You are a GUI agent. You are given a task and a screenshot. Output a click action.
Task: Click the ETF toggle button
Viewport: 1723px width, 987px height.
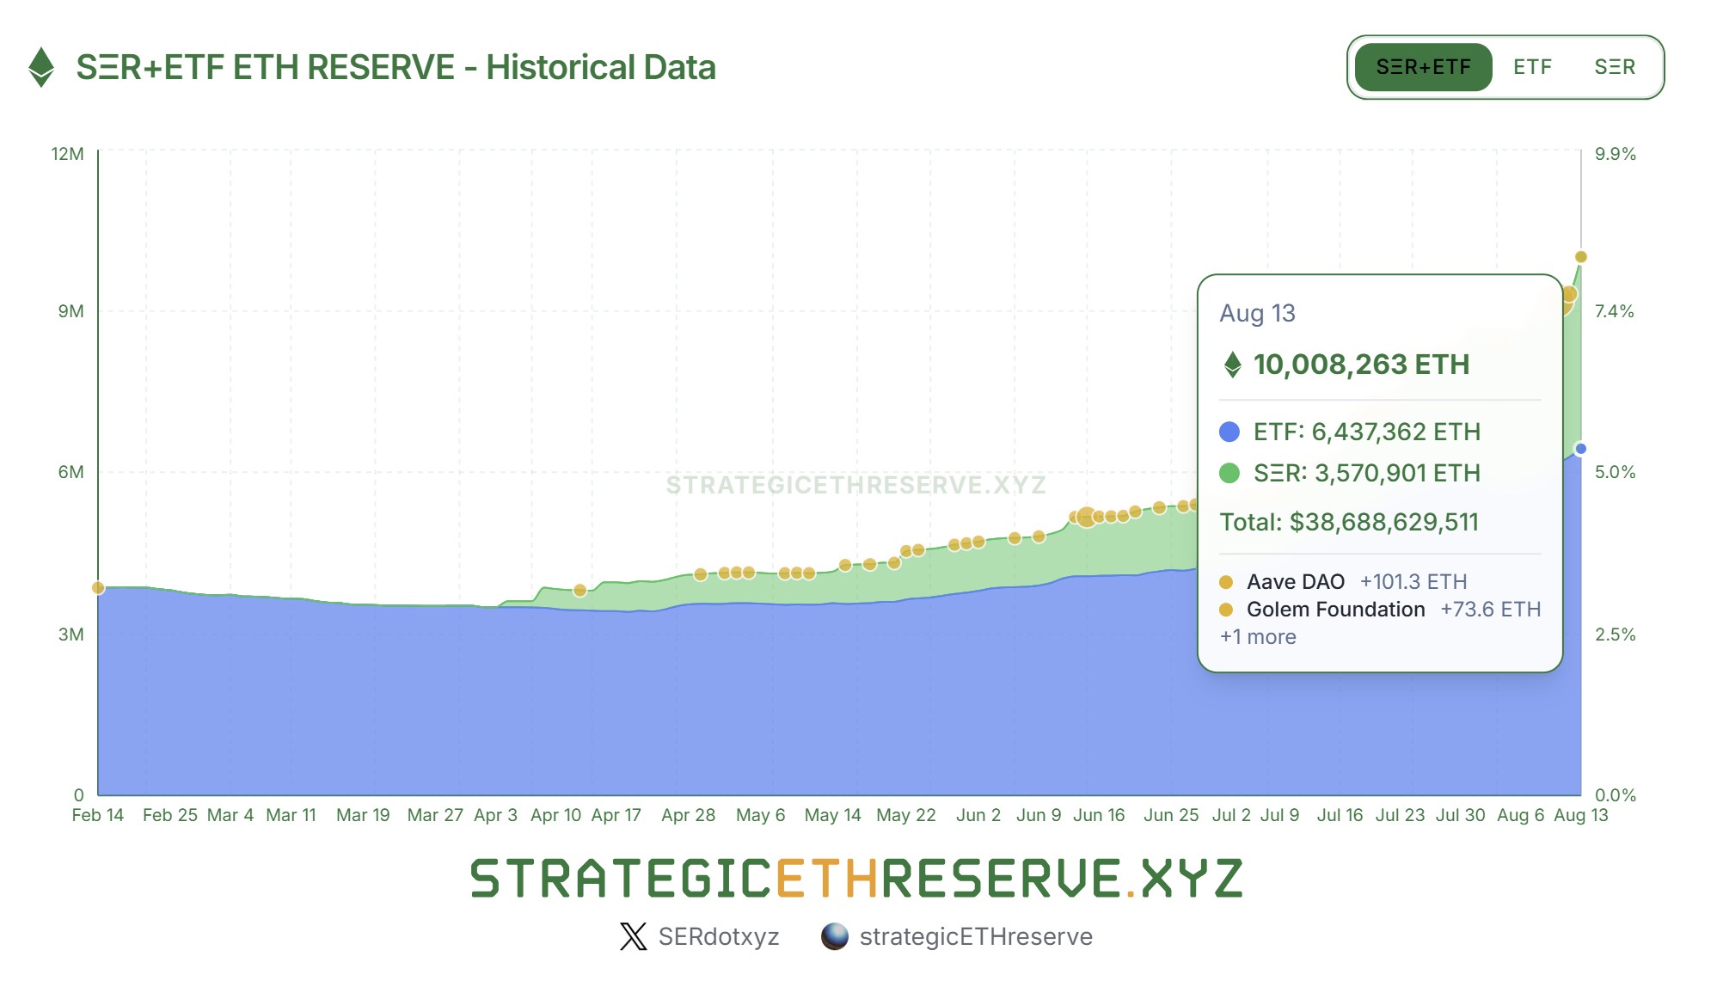pyautogui.click(x=1532, y=67)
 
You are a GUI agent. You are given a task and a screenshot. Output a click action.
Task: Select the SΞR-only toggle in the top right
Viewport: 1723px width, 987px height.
pyautogui.click(x=1614, y=67)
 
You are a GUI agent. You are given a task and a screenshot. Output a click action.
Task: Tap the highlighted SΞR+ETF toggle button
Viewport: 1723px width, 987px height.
pyautogui.click(x=1423, y=67)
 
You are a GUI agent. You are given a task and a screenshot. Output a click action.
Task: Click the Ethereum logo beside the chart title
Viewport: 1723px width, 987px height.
pyautogui.click(x=40, y=67)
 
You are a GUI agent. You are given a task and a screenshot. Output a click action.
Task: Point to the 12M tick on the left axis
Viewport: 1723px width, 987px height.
pyautogui.click(x=68, y=154)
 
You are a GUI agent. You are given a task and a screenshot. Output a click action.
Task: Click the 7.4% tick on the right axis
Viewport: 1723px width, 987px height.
pyautogui.click(x=1614, y=311)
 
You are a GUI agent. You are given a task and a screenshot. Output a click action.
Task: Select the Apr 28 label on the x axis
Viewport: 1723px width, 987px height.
pyautogui.click(x=688, y=815)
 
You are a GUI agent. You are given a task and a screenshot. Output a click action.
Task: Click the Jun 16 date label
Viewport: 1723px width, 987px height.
pyautogui.click(x=1098, y=815)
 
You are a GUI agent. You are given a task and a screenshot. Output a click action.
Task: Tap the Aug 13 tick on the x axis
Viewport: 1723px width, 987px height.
pyautogui.click(x=1580, y=815)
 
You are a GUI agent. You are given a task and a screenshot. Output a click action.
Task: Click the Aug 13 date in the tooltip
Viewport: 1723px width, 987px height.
pyautogui.click(x=1257, y=313)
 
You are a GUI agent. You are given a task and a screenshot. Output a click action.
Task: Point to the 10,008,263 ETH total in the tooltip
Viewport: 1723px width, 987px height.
pyautogui.click(x=1361, y=365)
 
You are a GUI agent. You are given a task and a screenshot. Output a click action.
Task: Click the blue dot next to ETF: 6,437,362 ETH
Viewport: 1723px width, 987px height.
pyautogui.click(x=1229, y=432)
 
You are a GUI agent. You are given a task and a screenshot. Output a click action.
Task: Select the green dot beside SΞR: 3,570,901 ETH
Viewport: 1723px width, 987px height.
pyautogui.click(x=1229, y=473)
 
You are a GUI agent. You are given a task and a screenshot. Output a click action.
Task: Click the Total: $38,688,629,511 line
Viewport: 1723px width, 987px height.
pyautogui.click(x=1349, y=522)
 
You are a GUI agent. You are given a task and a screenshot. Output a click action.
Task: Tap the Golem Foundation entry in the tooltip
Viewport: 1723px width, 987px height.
pyautogui.click(x=1335, y=610)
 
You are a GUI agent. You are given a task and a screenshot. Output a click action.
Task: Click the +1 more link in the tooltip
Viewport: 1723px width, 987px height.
pyautogui.click(x=1258, y=637)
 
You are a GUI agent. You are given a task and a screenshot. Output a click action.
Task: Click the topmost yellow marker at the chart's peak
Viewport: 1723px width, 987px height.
pyautogui.click(x=1580, y=257)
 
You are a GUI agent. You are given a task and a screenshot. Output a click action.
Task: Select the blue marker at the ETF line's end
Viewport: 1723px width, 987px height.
pyautogui.click(x=1580, y=449)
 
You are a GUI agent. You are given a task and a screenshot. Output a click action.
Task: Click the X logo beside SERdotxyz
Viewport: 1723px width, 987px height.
pyautogui.click(x=633, y=936)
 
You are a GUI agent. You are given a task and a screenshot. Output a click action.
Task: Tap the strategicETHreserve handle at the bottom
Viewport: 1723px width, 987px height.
pyautogui.click(x=976, y=936)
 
